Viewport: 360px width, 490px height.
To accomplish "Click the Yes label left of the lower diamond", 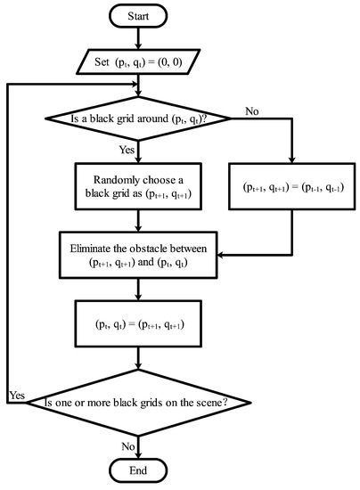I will (15, 393).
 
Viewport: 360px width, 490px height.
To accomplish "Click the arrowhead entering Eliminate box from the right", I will (223, 256).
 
